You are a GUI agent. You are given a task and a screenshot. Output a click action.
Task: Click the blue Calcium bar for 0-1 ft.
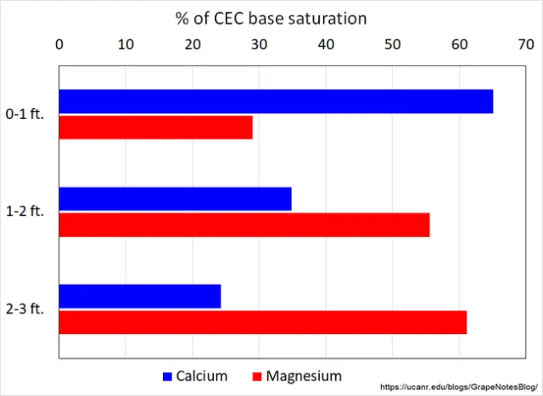pyautogui.click(x=276, y=102)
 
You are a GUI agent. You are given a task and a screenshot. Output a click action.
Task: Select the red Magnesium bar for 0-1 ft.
pyautogui.click(x=156, y=127)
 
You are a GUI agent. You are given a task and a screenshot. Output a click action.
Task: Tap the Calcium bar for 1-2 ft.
pyautogui.click(x=176, y=199)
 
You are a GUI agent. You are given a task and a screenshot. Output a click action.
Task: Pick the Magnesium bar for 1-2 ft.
pyautogui.click(x=244, y=224)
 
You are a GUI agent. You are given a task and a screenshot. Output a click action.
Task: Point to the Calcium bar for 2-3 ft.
pyautogui.click(x=140, y=296)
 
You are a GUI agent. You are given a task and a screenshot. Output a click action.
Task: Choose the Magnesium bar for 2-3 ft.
pyautogui.click(x=263, y=322)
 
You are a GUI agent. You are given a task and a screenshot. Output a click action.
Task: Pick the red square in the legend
pyautogui.click(x=256, y=376)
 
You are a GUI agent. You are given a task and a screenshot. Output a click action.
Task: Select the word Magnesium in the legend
pyautogui.click(x=305, y=376)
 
